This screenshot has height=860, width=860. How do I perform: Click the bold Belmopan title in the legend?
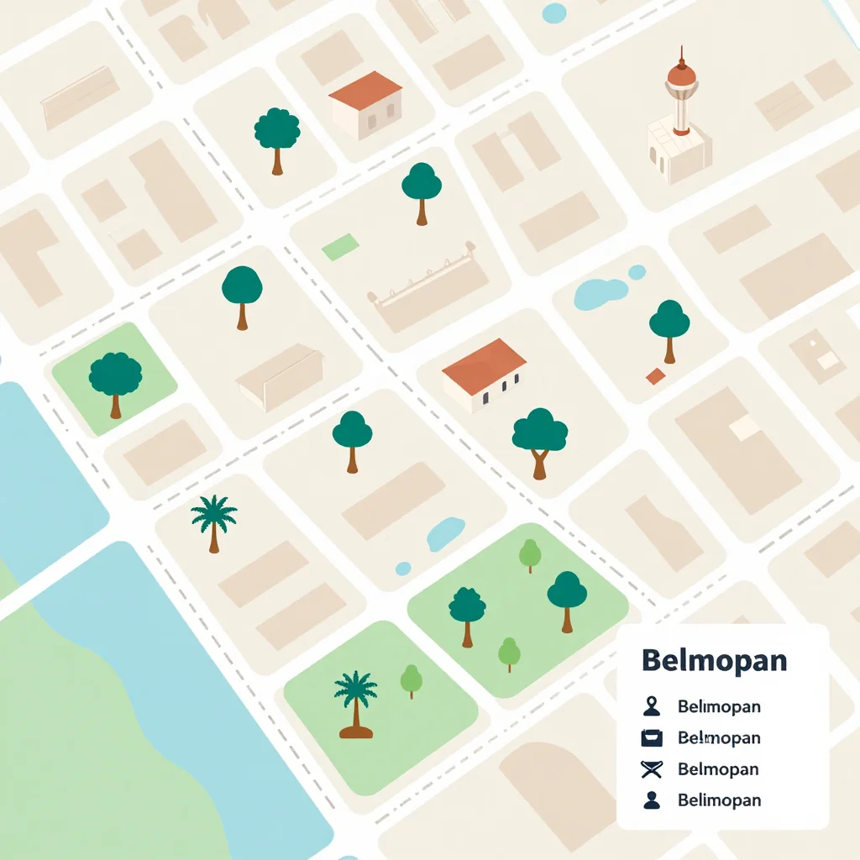(714, 660)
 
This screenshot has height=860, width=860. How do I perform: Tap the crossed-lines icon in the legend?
(651, 768)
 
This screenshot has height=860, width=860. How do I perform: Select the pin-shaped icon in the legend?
(651, 706)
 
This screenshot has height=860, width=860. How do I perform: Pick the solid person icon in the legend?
(651, 800)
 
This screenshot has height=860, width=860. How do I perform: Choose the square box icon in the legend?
(651, 738)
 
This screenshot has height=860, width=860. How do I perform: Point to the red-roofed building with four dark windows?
(486, 376)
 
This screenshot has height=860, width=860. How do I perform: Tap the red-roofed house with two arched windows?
(366, 105)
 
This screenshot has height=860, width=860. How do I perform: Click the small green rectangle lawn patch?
(340, 247)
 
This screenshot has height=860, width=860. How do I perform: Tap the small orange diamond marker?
(655, 376)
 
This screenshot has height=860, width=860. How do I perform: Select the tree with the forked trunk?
(539, 441)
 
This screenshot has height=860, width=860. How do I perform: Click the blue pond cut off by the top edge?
(554, 13)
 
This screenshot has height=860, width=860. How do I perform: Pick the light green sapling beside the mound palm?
(411, 680)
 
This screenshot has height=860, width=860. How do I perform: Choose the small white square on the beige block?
(744, 427)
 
